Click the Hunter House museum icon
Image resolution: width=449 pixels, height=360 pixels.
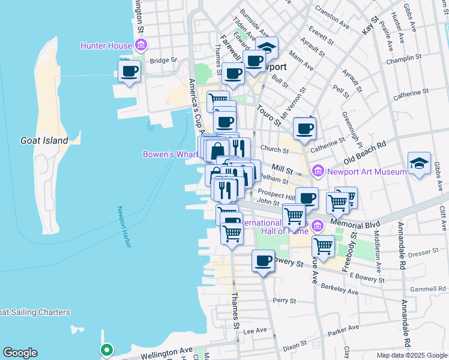tap(142, 44)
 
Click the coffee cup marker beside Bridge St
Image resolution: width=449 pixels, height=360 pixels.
tap(130, 71)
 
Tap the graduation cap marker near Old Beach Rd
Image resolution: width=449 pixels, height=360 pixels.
tap(419, 163)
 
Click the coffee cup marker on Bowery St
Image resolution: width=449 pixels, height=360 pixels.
tap(263, 261)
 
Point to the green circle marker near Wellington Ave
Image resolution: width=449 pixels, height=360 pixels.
tap(106, 349)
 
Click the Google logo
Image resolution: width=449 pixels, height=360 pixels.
tap(20, 353)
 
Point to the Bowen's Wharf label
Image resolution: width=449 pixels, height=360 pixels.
tap(170, 154)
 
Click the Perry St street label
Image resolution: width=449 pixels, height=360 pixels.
tap(281, 299)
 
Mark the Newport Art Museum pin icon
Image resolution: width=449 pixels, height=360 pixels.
tap(318, 172)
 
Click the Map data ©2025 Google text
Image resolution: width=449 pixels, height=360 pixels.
tap(411, 355)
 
